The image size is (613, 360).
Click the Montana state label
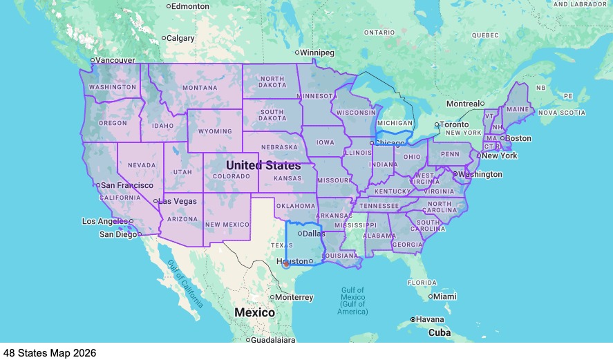click(x=200, y=88)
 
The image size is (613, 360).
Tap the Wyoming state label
click(x=215, y=131)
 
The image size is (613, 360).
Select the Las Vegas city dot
click(x=156, y=201)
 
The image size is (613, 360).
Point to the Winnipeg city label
click(x=318, y=53)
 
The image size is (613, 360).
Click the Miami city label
click(x=446, y=296)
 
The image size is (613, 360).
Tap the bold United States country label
click(x=263, y=166)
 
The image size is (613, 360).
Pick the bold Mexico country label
click(x=254, y=312)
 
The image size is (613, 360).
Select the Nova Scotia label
click(x=562, y=113)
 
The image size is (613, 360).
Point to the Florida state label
click(x=422, y=283)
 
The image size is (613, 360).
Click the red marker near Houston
click(x=286, y=263)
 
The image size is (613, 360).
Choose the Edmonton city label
click(x=190, y=6)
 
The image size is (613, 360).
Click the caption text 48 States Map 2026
click(x=49, y=353)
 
